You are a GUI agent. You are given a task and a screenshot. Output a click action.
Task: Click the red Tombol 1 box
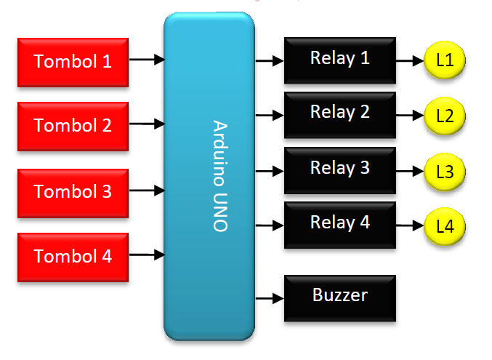coord(73,62)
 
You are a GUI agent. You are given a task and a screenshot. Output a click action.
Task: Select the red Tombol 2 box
coord(73,126)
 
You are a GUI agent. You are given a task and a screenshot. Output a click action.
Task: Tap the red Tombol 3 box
coord(73,192)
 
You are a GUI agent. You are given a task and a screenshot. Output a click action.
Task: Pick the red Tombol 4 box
coord(73,257)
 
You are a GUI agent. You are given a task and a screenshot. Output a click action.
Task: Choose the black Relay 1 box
coord(339,58)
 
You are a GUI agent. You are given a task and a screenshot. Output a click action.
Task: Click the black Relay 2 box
coord(339,113)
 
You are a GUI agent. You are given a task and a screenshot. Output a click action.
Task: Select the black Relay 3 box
coord(339,169)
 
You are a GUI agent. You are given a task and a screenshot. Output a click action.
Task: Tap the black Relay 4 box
coord(339,223)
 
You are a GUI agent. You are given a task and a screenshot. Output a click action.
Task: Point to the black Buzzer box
coord(339,297)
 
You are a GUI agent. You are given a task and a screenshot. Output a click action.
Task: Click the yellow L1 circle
coord(444,61)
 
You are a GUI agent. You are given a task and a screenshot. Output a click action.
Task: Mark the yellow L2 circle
coord(444,116)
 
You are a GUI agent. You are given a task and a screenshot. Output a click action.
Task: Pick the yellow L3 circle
coord(444,172)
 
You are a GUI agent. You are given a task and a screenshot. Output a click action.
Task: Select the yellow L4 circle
coord(444,226)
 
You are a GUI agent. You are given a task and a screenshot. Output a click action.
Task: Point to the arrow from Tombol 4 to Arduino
coord(148,255)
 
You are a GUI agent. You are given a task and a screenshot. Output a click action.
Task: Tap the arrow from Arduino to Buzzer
coord(270,297)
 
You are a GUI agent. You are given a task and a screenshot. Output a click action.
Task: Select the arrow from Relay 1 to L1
coord(408,61)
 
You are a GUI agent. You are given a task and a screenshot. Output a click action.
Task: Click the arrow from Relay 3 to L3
coord(408,172)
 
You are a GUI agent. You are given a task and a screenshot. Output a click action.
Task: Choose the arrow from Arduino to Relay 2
coord(270,115)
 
